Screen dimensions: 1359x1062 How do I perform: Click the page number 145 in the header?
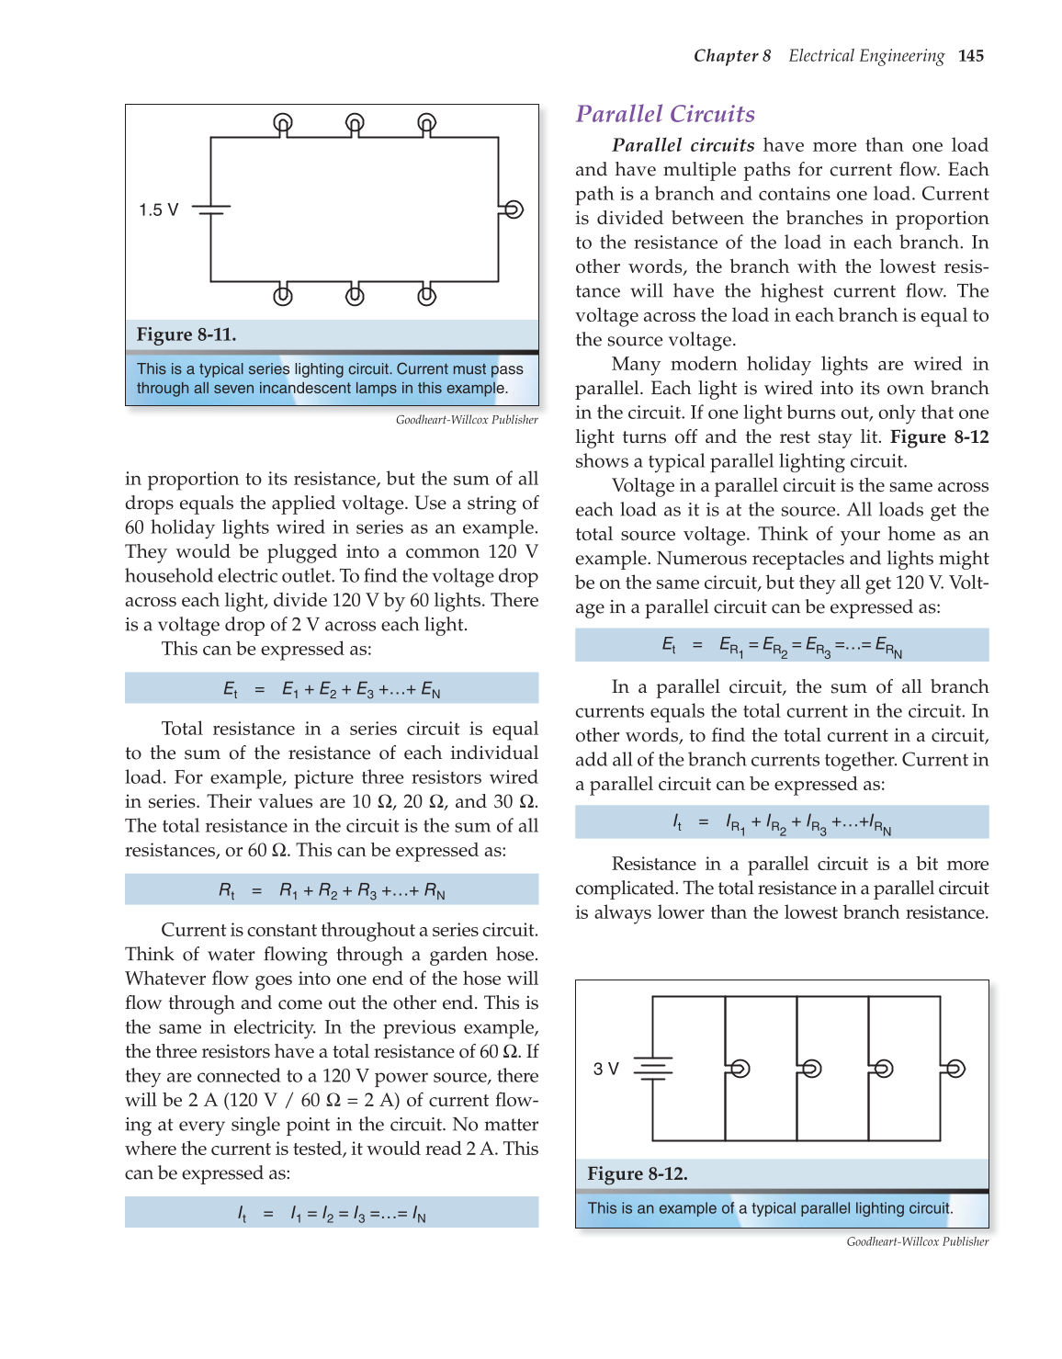coord(970,56)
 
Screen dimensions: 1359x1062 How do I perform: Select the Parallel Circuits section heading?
coord(665,114)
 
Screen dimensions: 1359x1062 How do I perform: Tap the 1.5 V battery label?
coord(158,210)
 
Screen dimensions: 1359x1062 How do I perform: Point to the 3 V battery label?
coord(605,1069)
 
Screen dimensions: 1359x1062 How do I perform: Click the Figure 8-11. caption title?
coord(186,334)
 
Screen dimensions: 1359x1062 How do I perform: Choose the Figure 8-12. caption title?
coord(638,1174)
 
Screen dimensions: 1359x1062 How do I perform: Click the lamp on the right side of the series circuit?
coord(514,210)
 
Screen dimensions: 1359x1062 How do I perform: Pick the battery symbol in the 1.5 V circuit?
coord(211,210)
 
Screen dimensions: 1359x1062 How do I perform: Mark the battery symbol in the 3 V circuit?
coord(652,1068)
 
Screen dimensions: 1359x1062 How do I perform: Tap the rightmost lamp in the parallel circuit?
coord(955,1069)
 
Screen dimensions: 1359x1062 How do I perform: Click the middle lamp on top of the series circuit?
coord(355,122)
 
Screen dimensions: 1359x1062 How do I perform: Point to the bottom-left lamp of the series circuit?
coord(283,296)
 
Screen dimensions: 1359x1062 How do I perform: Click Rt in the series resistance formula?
coord(227,890)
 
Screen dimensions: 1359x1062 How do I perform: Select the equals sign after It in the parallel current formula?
coord(703,822)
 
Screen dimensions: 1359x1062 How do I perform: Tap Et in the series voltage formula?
coord(231,689)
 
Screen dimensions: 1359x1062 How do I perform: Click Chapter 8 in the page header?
coord(732,56)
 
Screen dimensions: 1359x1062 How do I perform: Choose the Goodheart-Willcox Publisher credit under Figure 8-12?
coord(917,1241)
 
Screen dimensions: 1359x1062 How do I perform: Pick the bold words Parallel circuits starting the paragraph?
coord(683,145)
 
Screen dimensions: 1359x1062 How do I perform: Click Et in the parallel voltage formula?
coord(669,645)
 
